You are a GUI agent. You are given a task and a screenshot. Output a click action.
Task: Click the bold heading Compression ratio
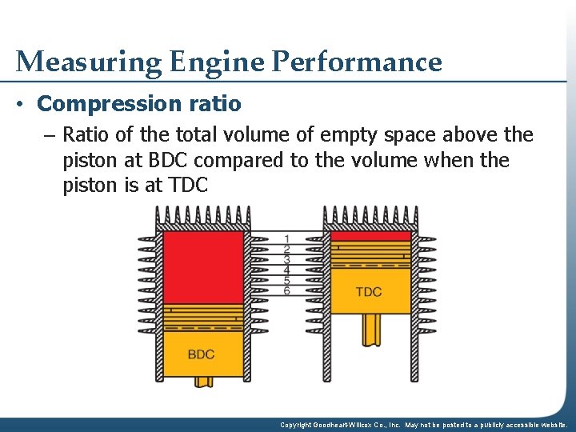(139, 104)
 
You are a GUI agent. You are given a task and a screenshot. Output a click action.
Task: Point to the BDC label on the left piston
(201, 354)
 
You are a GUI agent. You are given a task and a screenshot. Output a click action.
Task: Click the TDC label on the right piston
(369, 291)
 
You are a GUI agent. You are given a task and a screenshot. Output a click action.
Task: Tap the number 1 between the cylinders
(286, 238)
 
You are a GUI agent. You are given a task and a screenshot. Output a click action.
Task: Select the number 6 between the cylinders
(286, 290)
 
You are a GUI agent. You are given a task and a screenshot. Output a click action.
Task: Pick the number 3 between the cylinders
(286, 259)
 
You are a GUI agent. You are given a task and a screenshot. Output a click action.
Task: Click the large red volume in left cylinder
(202, 267)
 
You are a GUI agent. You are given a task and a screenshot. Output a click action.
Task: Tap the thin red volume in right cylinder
(370, 236)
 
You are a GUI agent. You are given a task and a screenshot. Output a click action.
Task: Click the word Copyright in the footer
(298, 426)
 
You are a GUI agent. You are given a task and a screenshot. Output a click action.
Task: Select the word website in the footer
(552, 426)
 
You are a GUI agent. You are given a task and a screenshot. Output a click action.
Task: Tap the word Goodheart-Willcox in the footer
(351, 426)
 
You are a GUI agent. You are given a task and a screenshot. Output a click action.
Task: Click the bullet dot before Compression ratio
(24, 105)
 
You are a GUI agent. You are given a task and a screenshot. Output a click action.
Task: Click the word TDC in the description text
(189, 186)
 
